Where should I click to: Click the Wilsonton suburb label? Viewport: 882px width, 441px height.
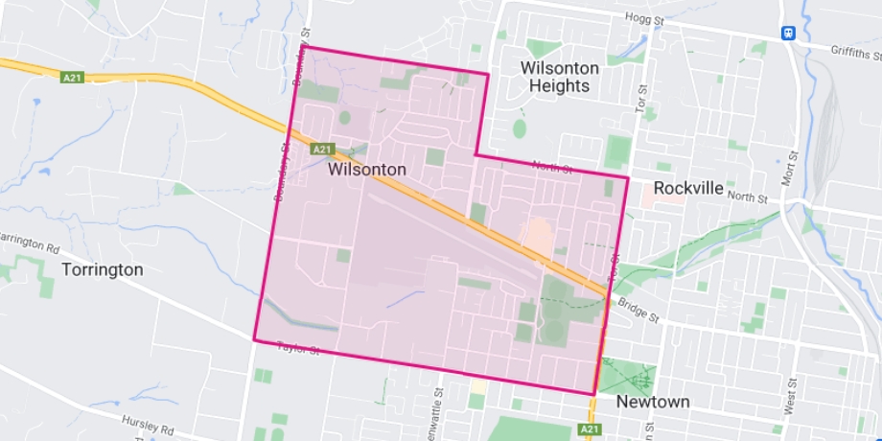[x=366, y=170]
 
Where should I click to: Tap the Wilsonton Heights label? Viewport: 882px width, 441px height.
[x=559, y=77]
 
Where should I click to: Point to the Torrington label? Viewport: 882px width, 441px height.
[x=102, y=269]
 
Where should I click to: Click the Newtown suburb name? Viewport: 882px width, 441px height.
[x=653, y=402]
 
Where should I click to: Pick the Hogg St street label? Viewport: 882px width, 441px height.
[x=644, y=19]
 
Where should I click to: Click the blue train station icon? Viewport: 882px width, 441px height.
[x=787, y=31]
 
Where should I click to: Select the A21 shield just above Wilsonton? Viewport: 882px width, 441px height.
[x=321, y=149]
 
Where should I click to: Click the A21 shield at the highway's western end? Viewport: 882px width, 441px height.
[x=72, y=78]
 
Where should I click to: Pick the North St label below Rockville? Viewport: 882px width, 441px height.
[x=748, y=197]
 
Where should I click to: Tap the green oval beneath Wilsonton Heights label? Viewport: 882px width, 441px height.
[x=520, y=128]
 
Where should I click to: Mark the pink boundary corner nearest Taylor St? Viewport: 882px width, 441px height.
[x=254, y=339]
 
